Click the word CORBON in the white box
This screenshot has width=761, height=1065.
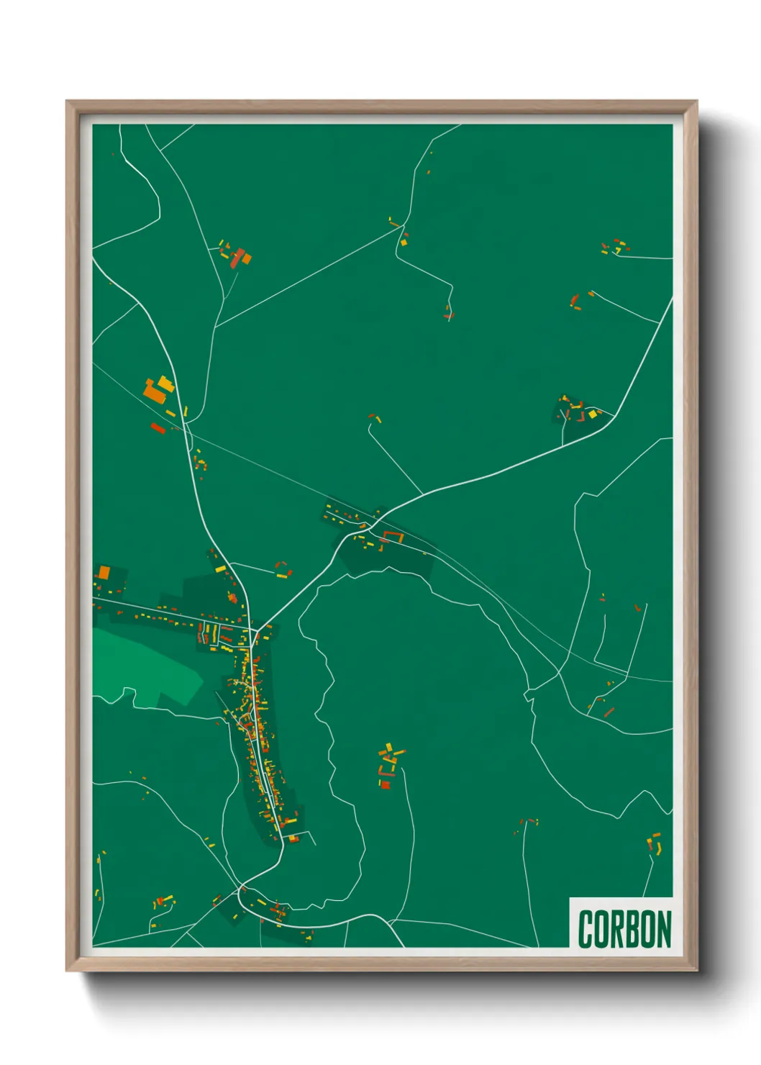click(624, 929)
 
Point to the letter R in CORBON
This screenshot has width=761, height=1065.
click(616, 929)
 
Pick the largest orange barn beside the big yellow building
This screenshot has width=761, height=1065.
click(154, 393)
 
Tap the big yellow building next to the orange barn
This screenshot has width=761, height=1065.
click(166, 384)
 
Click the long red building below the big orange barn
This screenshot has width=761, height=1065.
click(158, 428)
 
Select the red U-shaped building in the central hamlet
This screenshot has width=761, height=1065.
click(392, 536)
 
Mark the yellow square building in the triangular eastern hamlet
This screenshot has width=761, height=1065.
click(593, 414)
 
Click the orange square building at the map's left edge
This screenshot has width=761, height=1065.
click(104, 573)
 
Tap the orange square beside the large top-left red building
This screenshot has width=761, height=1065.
click(245, 256)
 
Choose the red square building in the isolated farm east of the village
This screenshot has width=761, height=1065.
click(385, 784)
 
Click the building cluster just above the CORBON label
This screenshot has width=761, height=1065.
click(654, 843)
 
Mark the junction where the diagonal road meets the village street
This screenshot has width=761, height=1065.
click(257, 630)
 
